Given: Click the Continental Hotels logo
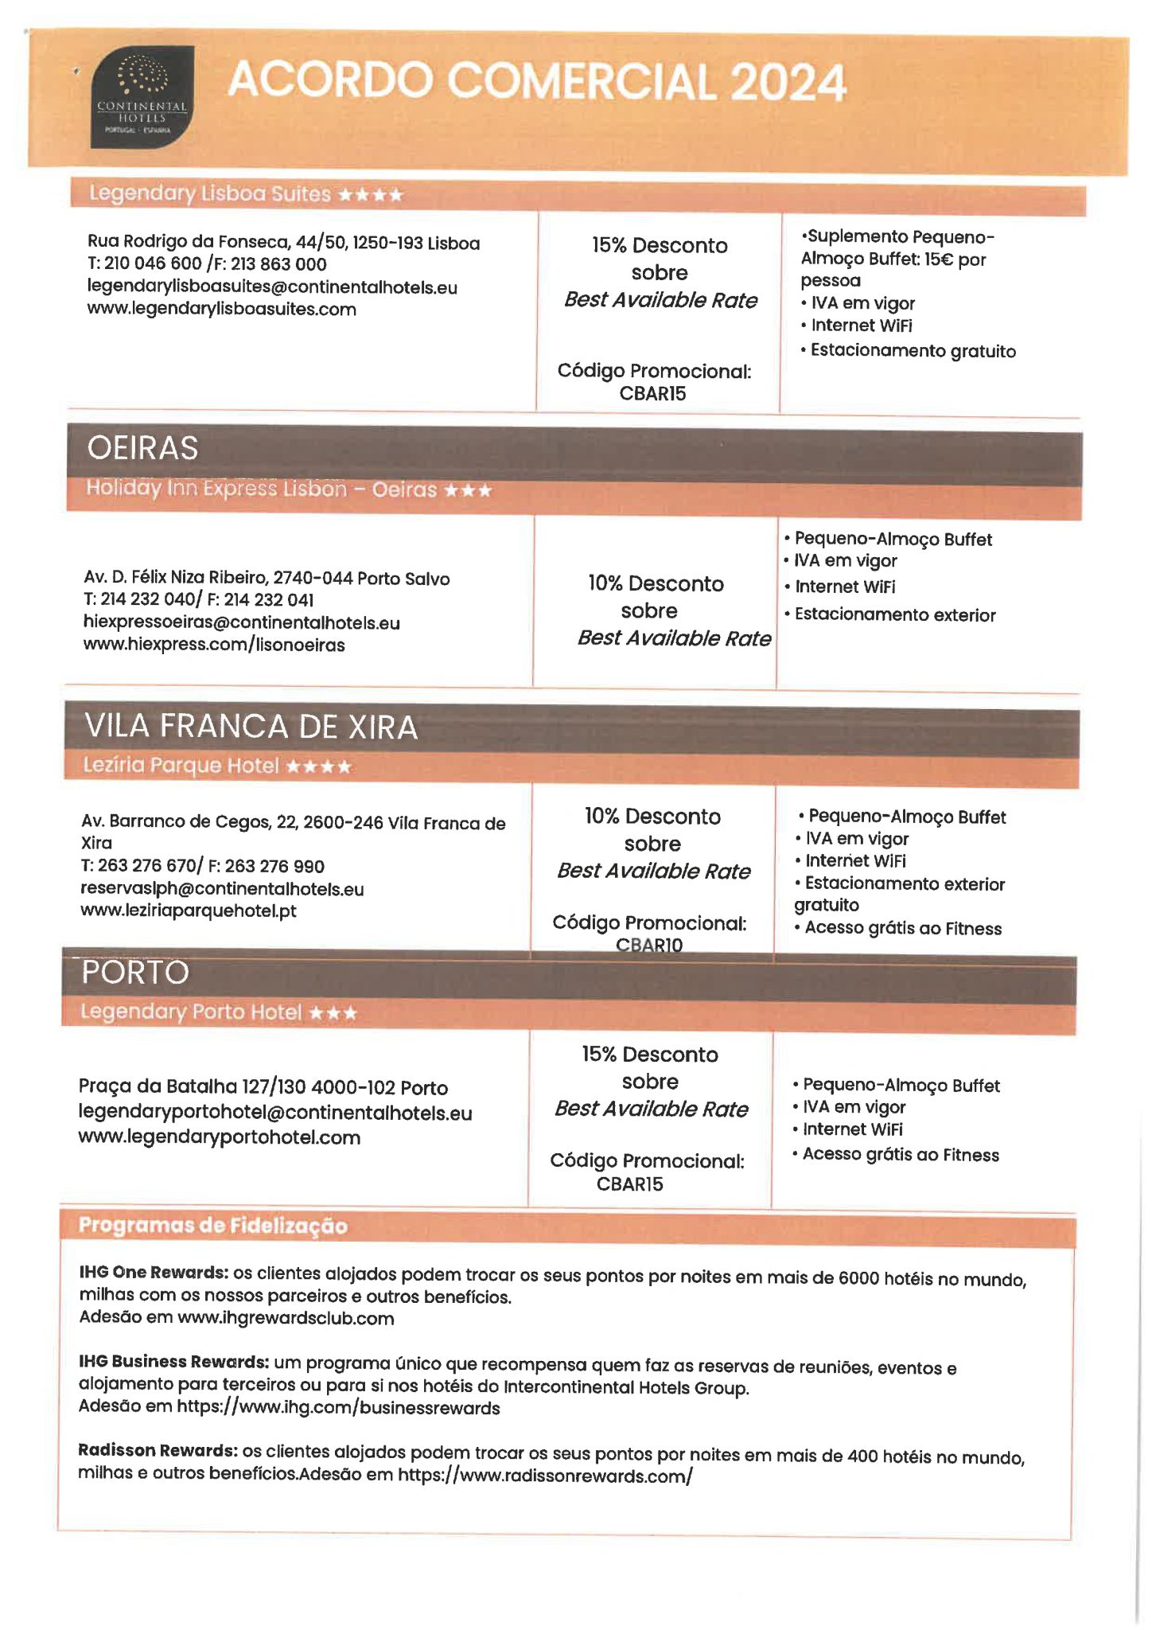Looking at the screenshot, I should (142, 96).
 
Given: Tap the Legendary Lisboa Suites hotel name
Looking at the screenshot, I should (209, 193).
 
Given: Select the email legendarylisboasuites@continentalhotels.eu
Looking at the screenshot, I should (272, 287).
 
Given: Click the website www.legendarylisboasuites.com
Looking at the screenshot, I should (221, 309).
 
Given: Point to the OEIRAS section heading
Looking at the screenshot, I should (142, 448).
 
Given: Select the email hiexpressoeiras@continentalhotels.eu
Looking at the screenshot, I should (241, 622).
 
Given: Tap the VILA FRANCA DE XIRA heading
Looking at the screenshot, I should (251, 727).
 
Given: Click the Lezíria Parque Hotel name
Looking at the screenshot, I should (181, 766).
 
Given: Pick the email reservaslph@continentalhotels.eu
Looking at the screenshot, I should (222, 888).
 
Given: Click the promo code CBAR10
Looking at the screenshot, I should (649, 945).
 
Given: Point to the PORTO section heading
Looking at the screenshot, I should (135, 973).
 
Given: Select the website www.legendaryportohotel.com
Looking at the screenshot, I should (219, 1137).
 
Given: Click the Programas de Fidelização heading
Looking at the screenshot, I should (212, 1226).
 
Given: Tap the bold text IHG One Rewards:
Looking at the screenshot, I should (154, 1272).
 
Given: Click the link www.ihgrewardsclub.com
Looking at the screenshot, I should (286, 1318).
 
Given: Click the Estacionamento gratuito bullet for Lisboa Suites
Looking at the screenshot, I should (913, 351).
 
